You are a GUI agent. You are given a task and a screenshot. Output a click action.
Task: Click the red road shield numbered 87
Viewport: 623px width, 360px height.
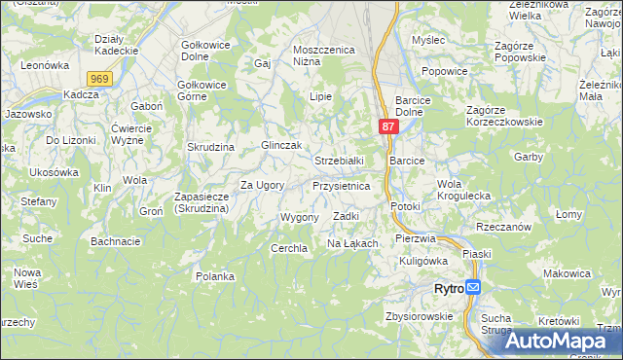coord(388,127)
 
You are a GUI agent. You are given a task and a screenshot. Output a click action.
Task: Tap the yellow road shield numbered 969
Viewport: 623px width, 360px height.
coord(98,78)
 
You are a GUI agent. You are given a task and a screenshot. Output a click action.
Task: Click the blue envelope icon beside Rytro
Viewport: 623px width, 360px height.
coord(473,288)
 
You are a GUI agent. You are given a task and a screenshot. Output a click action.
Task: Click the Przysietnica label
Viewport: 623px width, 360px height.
coord(341,185)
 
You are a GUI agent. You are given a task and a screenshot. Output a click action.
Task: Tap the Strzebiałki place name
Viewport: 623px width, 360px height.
coord(339,160)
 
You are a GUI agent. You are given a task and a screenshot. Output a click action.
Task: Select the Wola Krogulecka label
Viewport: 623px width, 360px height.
coord(464,189)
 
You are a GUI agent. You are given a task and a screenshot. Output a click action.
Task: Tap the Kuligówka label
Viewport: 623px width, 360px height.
coord(423,260)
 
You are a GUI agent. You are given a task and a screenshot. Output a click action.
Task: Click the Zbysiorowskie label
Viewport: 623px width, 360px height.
coord(420,315)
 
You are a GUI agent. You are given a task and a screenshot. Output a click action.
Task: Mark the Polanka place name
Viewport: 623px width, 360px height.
coord(215,276)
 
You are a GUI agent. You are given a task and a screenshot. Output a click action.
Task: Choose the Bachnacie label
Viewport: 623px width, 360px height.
coord(116,240)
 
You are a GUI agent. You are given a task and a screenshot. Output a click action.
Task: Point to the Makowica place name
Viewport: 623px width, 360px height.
coord(568,273)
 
